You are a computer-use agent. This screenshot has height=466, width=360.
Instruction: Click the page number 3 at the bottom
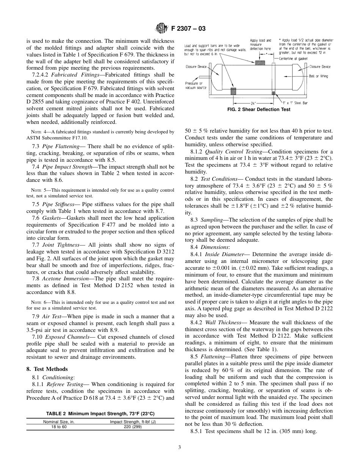point(180,447)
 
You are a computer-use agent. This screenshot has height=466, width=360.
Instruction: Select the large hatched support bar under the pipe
point(233,91)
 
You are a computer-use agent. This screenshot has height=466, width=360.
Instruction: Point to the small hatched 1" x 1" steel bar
point(273,93)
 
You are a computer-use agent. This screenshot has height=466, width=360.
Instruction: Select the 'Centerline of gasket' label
point(293,59)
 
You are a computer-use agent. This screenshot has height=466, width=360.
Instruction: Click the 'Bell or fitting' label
point(318,76)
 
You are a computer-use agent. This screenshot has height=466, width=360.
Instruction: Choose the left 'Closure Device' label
point(196,67)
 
